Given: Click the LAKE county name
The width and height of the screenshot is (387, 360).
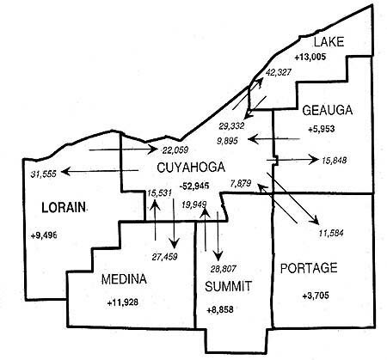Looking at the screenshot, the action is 329,42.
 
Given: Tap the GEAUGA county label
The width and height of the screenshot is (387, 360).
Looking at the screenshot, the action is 328,111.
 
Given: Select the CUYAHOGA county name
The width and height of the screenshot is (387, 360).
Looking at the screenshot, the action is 191,168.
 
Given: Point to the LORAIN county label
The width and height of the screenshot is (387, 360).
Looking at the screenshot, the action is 64,207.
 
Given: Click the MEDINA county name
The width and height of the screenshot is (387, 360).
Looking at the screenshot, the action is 124,279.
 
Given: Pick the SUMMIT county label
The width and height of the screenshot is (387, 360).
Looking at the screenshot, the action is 228,286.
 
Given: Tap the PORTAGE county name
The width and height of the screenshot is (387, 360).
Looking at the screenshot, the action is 309,268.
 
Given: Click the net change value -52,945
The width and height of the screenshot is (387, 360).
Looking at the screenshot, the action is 194,186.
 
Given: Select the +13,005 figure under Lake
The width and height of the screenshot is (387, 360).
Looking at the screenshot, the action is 310,58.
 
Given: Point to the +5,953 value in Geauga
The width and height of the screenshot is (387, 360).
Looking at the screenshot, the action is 322,129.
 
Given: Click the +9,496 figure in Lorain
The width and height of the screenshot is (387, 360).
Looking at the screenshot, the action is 44,235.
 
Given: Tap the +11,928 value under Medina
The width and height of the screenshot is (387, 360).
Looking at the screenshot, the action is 123,302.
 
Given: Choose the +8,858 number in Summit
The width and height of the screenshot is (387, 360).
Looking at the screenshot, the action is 220,309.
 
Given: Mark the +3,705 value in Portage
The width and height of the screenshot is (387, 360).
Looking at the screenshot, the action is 316,296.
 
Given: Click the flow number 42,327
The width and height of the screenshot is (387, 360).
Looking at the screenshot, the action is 278,72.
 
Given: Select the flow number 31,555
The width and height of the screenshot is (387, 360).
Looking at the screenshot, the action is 44,174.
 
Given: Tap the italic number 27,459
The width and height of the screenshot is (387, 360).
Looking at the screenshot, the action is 164,257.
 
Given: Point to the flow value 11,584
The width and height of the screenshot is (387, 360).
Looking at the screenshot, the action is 331,234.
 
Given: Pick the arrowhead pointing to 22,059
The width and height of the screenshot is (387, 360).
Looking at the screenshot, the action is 153,149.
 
